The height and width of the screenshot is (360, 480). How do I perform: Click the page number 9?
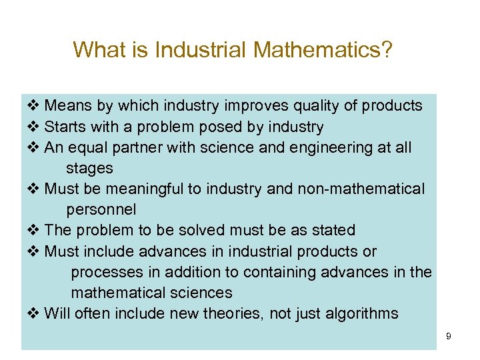(x=449, y=336)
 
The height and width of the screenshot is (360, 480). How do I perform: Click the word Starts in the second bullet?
(x=63, y=127)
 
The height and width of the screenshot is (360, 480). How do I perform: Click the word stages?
(x=89, y=168)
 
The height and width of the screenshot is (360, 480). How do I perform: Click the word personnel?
(x=101, y=209)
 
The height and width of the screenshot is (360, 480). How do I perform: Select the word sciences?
(x=200, y=293)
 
